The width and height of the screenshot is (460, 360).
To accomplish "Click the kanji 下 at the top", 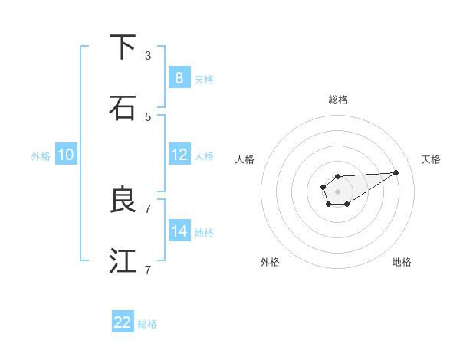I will pyautogui.click(x=123, y=47).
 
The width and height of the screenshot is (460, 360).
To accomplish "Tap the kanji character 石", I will pyautogui.click(x=123, y=108).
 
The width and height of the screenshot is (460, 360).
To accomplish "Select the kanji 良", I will pyautogui.click(x=123, y=200).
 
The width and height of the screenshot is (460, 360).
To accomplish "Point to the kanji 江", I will pyautogui.click(x=123, y=261).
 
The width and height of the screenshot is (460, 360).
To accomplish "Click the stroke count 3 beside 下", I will pyautogui.click(x=148, y=56).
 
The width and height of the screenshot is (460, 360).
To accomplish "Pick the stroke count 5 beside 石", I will pyautogui.click(x=148, y=116).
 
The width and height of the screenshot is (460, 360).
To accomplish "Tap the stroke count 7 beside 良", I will pyautogui.click(x=148, y=208).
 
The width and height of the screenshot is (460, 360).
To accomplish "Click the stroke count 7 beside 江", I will pyautogui.click(x=148, y=270).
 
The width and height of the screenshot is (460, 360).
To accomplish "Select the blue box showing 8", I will pyautogui.click(x=179, y=77).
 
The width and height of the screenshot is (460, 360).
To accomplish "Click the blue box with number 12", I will pyautogui.click(x=179, y=155).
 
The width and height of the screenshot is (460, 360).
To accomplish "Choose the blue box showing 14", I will pyautogui.click(x=179, y=231).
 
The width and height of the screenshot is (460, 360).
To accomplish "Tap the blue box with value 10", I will pyautogui.click(x=66, y=155).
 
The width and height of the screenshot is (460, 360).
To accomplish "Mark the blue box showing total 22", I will pyautogui.click(x=123, y=322).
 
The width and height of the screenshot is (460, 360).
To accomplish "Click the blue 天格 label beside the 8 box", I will pyautogui.click(x=204, y=80).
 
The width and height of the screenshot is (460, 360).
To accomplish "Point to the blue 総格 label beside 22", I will pyautogui.click(x=147, y=325).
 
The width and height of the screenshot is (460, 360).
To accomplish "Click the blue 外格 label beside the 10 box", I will pyautogui.click(x=41, y=156).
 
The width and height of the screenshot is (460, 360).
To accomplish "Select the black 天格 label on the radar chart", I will pyautogui.click(x=431, y=159).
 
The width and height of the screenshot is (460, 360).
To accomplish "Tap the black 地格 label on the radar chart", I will pyautogui.click(x=402, y=262).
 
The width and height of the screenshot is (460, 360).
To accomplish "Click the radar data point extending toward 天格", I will pyautogui.click(x=396, y=172).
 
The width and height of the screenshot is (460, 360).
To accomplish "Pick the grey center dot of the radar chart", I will pyautogui.click(x=337, y=190).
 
